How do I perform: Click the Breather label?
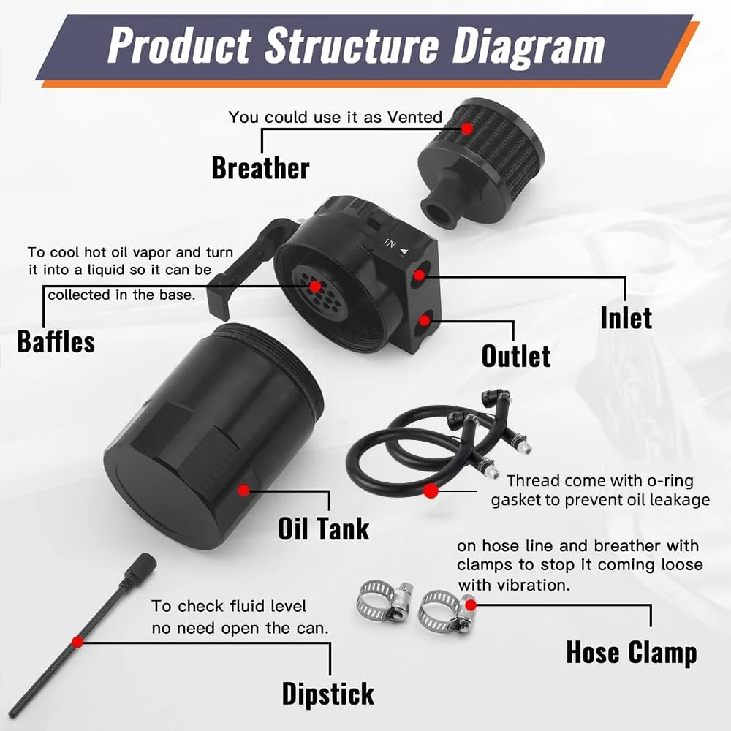pyautogui.click(x=260, y=168)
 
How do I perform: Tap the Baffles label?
pyautogui.click(x=56, y=341)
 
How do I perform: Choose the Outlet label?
pyautogui.click(x=515, y=356)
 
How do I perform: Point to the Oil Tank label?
pyautogui.click(x=323, y=529)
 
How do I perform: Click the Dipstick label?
pyautogui.click(x=327, y=694)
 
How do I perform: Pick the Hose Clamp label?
pyautogui.click(x=632, y=652)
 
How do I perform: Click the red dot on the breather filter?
pyautogui.click(x=466, y=128)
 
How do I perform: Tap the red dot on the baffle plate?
pyautogui.click(x=315, y=287)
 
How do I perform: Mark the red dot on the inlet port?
pyautogui.click(x=419, y=276)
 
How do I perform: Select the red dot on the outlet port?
pyautogui.click(x=424, y=320)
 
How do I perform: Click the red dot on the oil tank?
pyautogui.click(x=243, y=490)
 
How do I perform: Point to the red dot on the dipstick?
pyautogui.click(x=78, y=642)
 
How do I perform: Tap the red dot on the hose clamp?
pyautogui.click(x=471, y=605)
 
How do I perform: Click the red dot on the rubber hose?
pyautogui.click(x=431, y=491)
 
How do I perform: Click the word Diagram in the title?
pyautogui.click(x=529, y=46)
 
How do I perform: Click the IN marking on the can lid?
pyautogui.click(x=390, y=243)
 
